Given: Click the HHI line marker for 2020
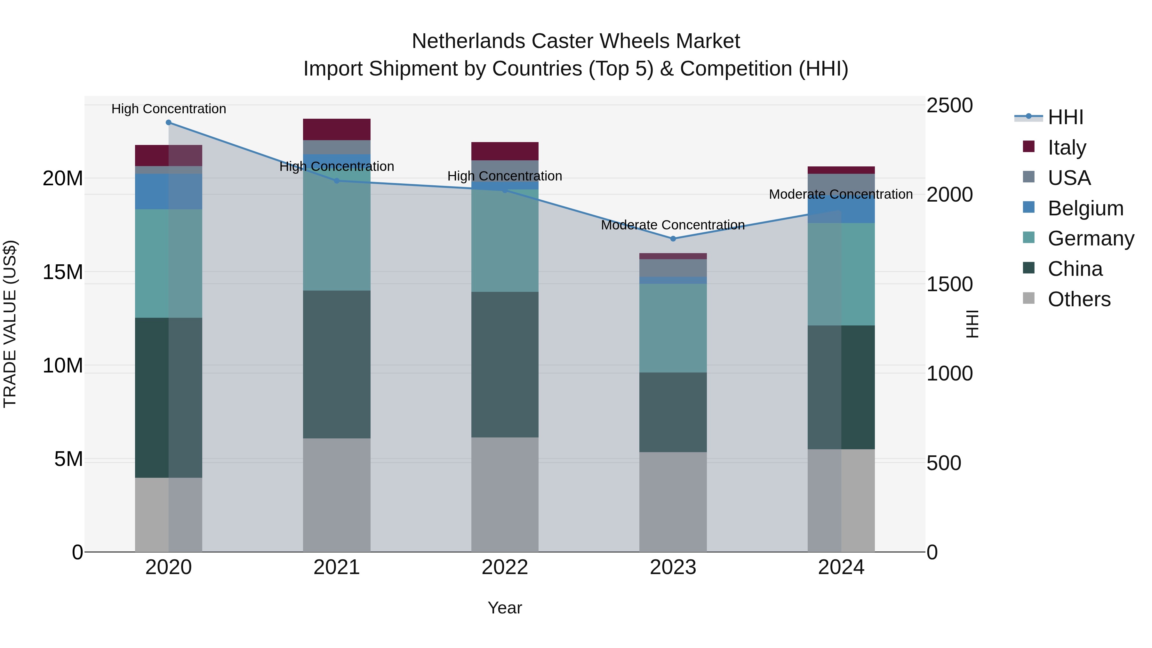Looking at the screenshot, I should pyautogui.click(x=169, y=123).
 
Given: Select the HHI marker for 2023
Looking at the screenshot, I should pyautogui.click(x=673, y=238).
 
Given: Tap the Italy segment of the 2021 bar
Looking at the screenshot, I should pyautogui.click(x=337, y=129).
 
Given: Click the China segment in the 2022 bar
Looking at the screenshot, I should pyautogui.click(x=505, y=364).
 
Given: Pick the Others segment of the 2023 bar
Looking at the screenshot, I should pyautogui.click(x=673, y=502).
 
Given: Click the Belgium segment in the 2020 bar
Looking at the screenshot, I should pyautogui.click(x=169, y=191).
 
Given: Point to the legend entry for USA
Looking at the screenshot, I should pyautogui.click(x=1069, y=178).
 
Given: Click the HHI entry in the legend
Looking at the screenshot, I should pyautogui.click(x=1065, y=117).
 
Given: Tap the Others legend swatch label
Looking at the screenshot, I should pyautogui.click(x=1079, y=299).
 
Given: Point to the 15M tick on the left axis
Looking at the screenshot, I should pyautogui.click(x=63, y=272).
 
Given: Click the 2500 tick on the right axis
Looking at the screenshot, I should pyautogui.click(x=949, y=106).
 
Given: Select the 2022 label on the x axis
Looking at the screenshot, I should pyautogui.click(x=505, y=567).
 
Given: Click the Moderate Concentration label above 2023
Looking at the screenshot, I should pyautogui.click(x=673, y=225).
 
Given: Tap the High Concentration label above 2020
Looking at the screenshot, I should pyautogui.click(x=169, y=109).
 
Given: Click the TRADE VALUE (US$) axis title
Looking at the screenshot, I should pyautogui.click(x=10, y=324).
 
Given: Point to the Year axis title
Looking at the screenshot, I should pyautogui.click(x=505, y=608).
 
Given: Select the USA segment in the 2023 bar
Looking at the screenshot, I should pyautogui.click(x=673, y=268).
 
